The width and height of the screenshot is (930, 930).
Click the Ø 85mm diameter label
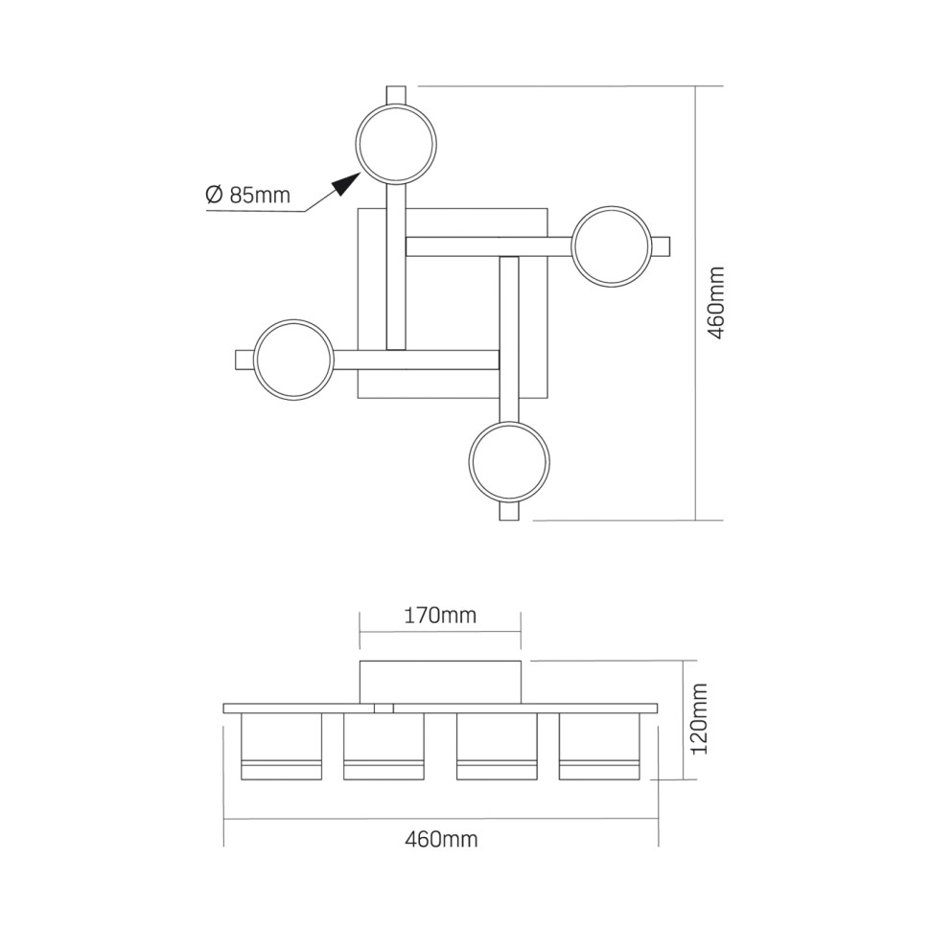pyautogui.click(x=248, y=195)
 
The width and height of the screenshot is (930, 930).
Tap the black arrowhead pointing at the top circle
pyautogui.click(x=346, y=183)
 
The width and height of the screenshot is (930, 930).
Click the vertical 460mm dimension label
pyautogui.click(x=716, y=303)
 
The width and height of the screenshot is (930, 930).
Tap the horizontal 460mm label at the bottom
pyautogui.click(x=441, y=839)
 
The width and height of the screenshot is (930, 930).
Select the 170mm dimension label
pyautogui.click(x=440, y=616)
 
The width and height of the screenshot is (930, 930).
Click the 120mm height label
pyautogui.click(x=700, y=718)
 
